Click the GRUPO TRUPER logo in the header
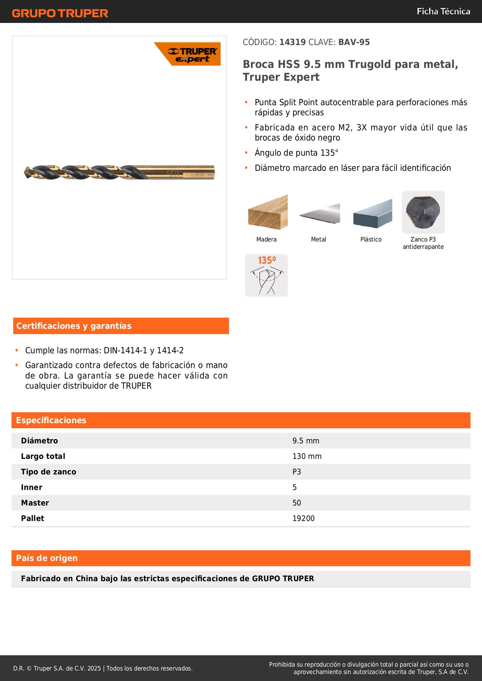pos(60,13)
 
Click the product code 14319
pos(292,42)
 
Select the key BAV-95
pos(354,42)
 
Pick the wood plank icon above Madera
pos(268,212)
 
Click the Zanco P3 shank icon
pos(423,212)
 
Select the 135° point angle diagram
pos(266,275)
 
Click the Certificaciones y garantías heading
pos(74,326)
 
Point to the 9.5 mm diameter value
pos(306,441)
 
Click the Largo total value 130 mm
pos(307,456)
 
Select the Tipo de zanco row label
pos(49,472)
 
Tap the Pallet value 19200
pos(303,518)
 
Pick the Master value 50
pos(297,503)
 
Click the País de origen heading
pos(47,558)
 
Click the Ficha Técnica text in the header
pos(443,11)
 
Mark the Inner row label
pos(31,487)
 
